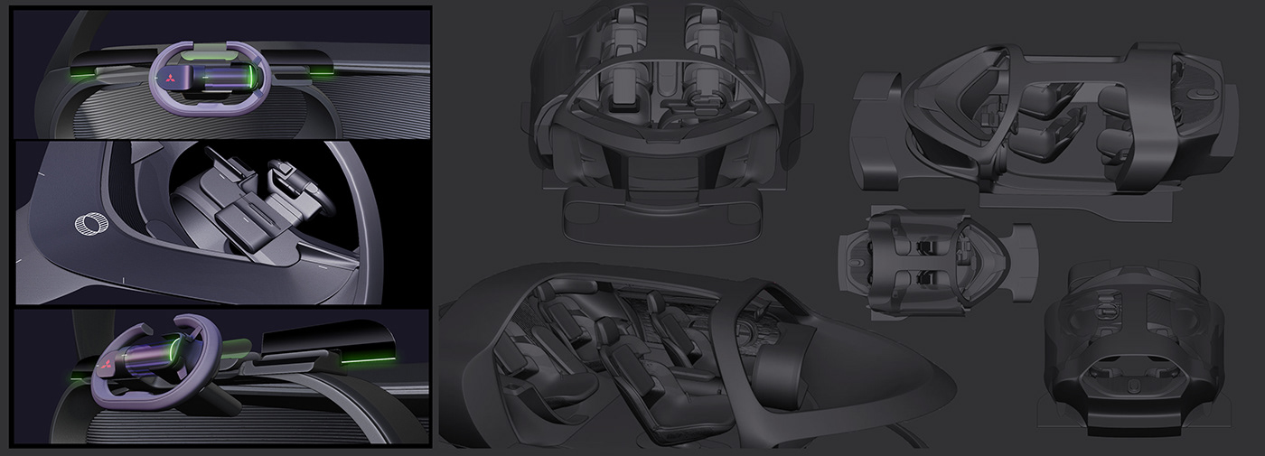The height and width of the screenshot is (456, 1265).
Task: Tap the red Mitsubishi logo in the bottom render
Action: pos(107,366)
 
